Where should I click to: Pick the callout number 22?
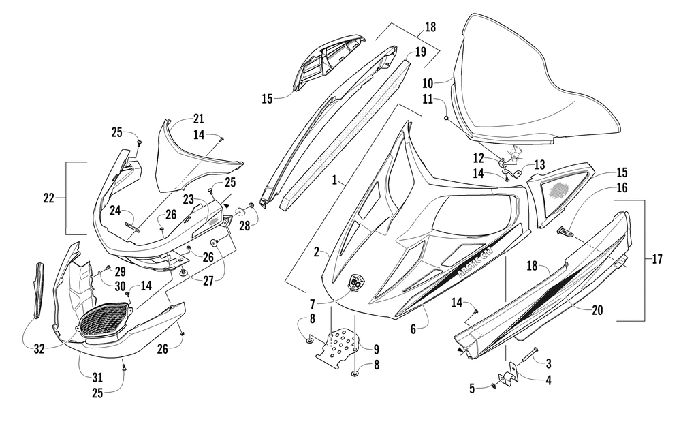click(x=48, y=198)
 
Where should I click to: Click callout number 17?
click(x=658, y=259)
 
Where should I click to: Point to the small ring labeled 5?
click(x=493, y=389)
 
